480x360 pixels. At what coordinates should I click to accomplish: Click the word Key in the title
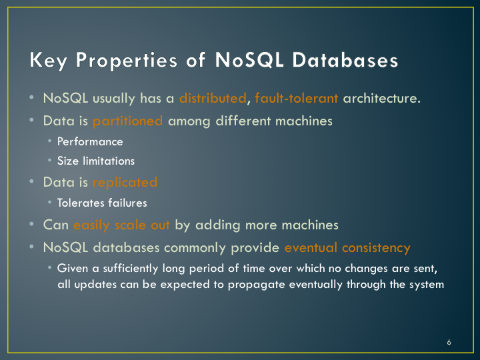pyautogui.click(x=48, y=60)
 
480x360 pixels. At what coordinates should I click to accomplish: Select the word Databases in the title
pyautogui.click(x=345, y=60)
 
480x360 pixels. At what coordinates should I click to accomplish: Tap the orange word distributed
pyautogui.click(x=213, y=98)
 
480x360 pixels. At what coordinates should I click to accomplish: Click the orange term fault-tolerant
pyautogui.click(x=296, y=98)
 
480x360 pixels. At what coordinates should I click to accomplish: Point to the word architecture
pyautogui.click(x=381, y=98)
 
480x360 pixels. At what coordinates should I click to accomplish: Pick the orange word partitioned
pyautogui.click(x=127, y=121)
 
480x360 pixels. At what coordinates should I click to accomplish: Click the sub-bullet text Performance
pyautogui.click(x=90, y=142)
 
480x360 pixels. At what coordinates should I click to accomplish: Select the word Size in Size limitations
pyautogui.click(x=67, y=161)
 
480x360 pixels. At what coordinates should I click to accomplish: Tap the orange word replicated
pyautogui.click(x=125, y=183)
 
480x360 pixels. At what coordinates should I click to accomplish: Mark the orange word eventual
pyautogui.click(x=311, y=247)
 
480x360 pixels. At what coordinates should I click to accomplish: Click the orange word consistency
pyautogui.click(x=376, y=248)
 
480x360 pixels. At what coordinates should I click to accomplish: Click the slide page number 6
pyautogui.click(x=449, y=342)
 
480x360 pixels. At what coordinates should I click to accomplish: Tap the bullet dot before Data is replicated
pyautogui.click(x=31, y=181)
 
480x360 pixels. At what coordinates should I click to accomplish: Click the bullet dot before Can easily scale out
pyautogui.click(x=31, y=224)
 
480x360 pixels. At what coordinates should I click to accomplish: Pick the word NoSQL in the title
pyautogui.click(x=249, y=60)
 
